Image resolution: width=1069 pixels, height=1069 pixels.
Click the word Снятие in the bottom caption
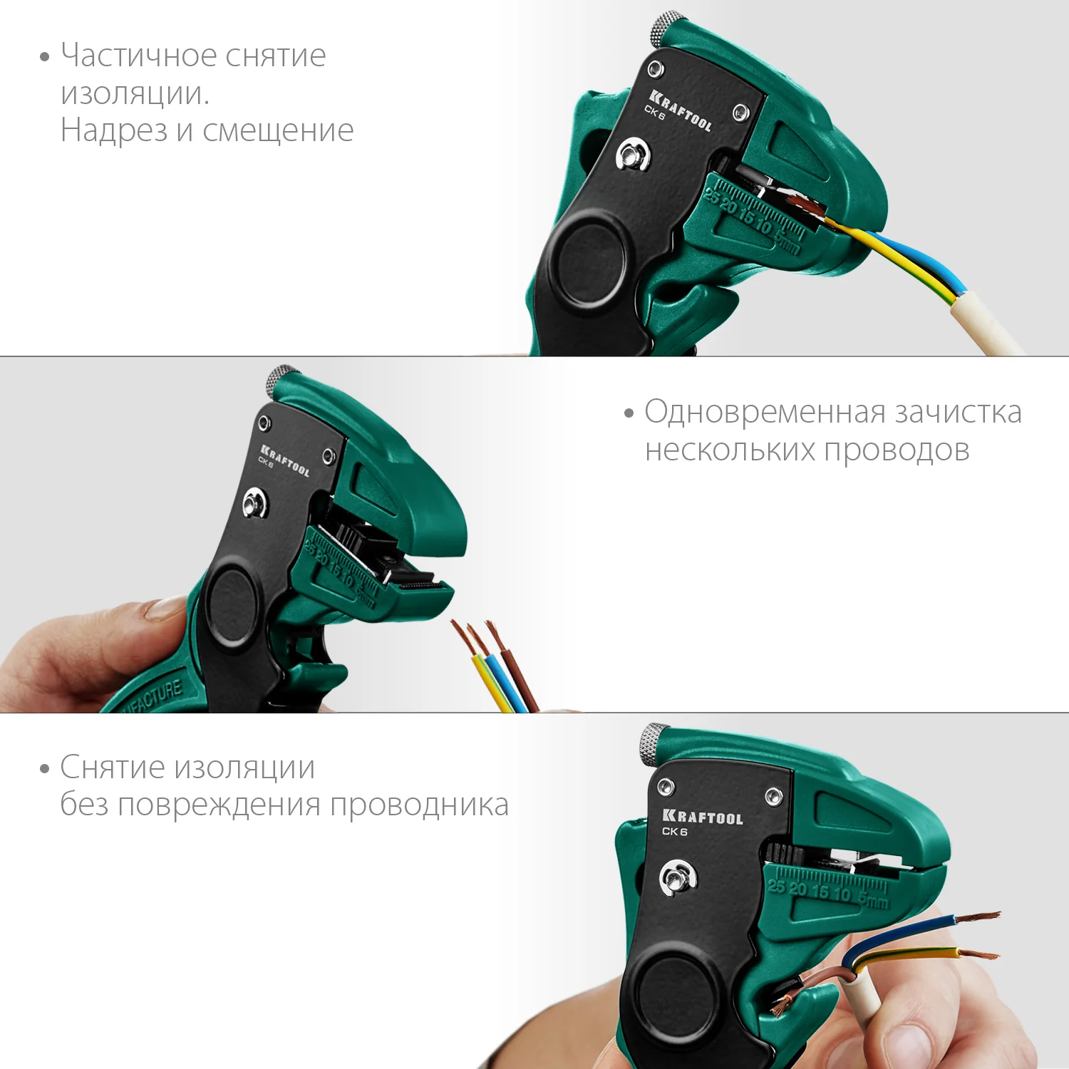(x=113, y=768)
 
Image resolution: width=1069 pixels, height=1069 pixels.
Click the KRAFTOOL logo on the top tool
(x=681, y=110)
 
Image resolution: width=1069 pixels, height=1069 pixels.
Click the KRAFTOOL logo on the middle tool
(x=285, y=460)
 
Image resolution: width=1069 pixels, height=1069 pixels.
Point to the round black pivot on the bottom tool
(x=673, y=993)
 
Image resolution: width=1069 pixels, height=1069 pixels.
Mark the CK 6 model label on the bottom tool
(x=674, y=831)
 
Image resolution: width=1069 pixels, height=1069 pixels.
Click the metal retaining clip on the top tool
(x=633, y=155)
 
